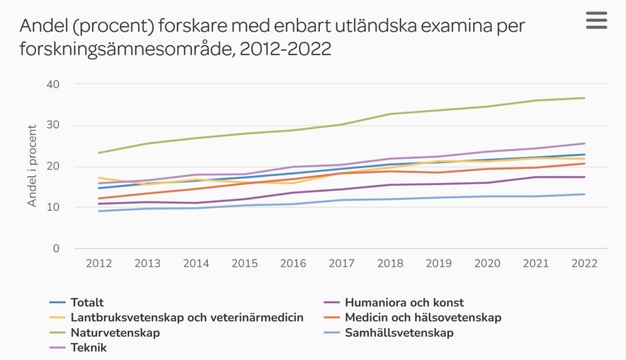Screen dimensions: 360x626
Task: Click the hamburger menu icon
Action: pos(596,20)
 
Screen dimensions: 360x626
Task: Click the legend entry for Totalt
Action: pos(87,302)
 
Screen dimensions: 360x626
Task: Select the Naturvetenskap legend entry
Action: pos(115,333)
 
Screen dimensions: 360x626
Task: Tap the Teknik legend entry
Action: pos(88,348)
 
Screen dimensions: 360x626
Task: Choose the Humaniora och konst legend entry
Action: pos(404,302)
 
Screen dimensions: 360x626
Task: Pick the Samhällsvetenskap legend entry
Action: pos(399,333)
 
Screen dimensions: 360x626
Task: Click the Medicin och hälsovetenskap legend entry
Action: pos(423,318)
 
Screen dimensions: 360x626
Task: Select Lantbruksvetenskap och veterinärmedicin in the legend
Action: pos(187,318)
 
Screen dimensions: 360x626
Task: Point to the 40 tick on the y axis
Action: pos(53,84)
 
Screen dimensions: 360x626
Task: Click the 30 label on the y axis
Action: pos(53,125)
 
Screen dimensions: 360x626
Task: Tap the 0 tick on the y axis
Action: pos(56,249)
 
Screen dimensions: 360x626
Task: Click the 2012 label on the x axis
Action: pos(99,263)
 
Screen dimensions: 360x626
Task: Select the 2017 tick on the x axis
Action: pos(341,263)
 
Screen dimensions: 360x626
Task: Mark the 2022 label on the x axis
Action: pos(584,263)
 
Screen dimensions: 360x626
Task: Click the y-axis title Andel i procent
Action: pos(32,166)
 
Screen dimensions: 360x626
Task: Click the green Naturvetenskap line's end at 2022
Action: pos(584,98)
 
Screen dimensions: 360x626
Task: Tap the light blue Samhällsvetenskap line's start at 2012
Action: pos(99,211)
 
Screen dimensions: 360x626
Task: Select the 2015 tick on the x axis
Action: pos(245,263)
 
